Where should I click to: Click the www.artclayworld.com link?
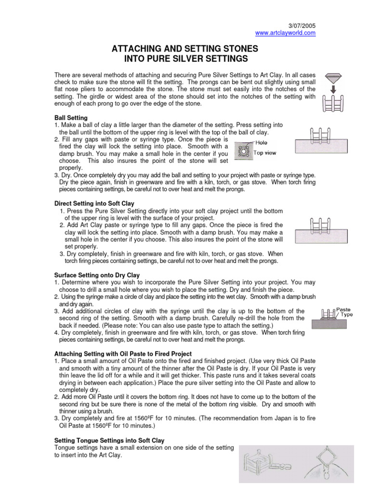(285, 33)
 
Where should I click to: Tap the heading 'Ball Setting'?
(71, 117)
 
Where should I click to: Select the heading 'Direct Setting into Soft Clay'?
(94, 204)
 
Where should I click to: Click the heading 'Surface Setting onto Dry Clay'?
(97, 275)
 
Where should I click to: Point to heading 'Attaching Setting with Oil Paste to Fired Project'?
(123, 354)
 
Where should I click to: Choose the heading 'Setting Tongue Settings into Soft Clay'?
(109, 441)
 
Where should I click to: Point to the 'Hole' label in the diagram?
(262, 143)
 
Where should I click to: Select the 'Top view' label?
(264, 153)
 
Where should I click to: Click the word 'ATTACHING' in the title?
(142, 49)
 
